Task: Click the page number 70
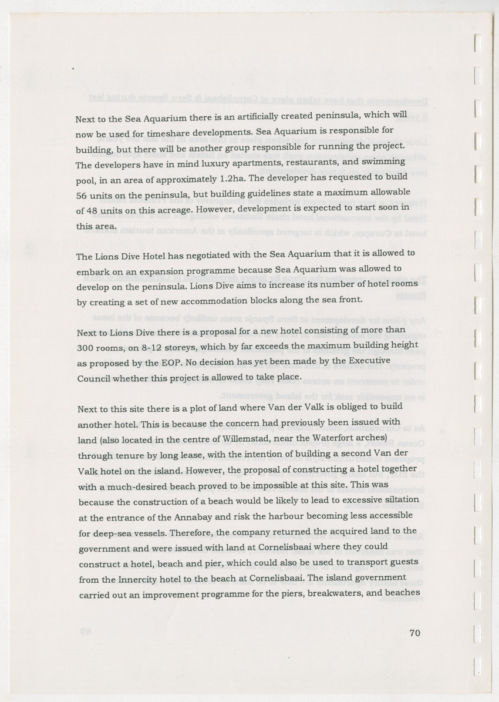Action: click(x=415, y=633)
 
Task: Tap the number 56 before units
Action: click(x=82, y=196)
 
